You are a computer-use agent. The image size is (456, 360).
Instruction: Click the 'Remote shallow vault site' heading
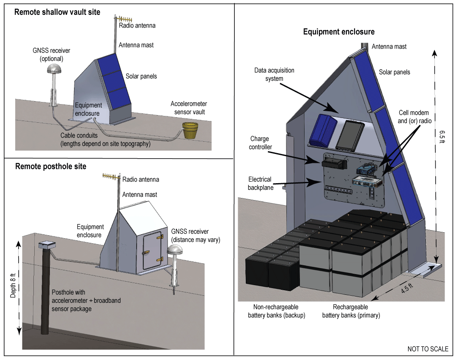click(57, 12)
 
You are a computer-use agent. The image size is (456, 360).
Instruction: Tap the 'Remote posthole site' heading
click(50, 166)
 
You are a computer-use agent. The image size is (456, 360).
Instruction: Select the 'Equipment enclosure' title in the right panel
click(338, 32)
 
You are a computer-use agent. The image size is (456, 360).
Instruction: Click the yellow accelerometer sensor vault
click(190, 130)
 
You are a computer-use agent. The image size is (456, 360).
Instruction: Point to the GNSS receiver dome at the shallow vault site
click(54, 69)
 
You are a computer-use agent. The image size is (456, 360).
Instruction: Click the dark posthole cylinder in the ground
click(44, 292)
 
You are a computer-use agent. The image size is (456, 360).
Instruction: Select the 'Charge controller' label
click(259, 143)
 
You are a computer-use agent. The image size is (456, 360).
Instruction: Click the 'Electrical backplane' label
click(260, 183)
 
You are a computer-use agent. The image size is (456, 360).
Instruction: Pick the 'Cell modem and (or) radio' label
click(413, 117)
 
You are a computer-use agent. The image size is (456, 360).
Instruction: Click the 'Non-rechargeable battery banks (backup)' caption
click(275, 311)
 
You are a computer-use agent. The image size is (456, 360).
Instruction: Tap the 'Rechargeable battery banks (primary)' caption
click(351, 311)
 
